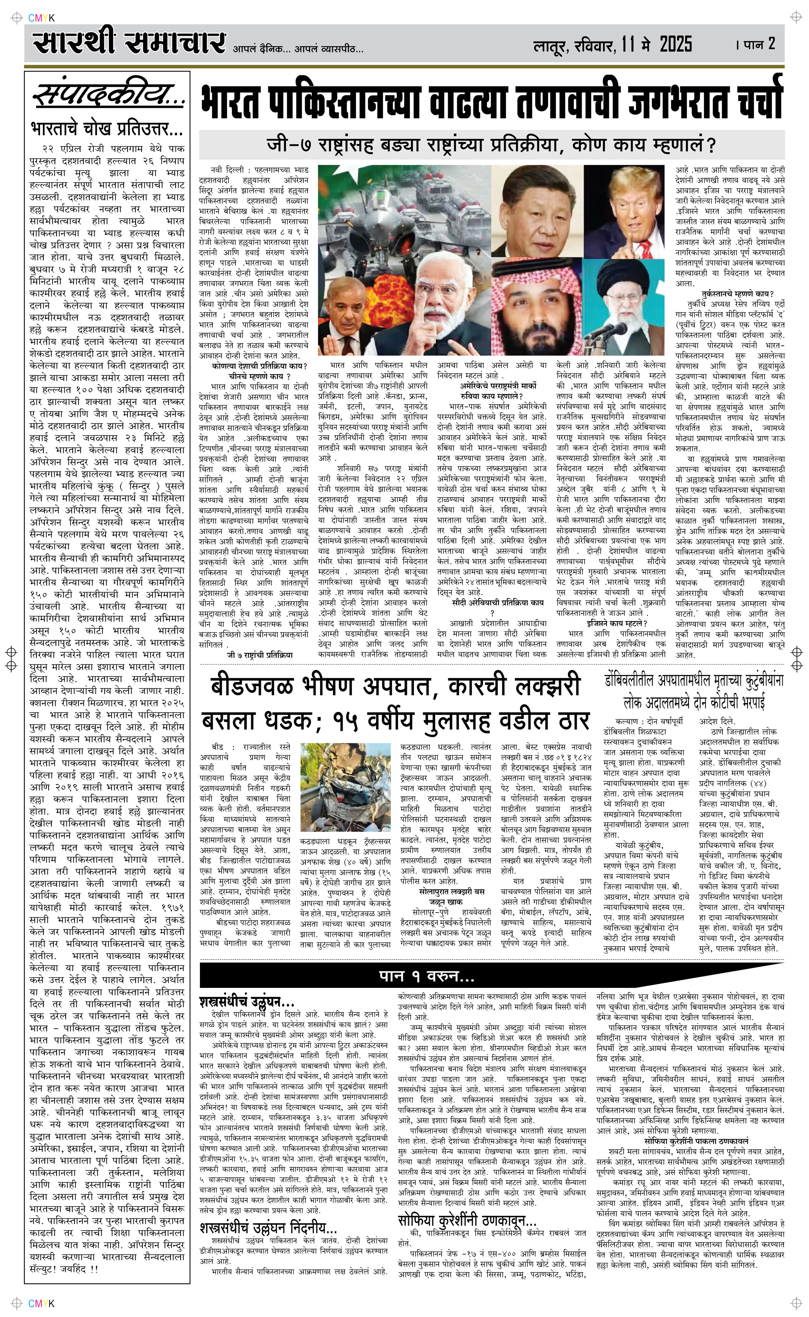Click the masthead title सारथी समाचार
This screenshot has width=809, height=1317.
(x=128, y=43)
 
